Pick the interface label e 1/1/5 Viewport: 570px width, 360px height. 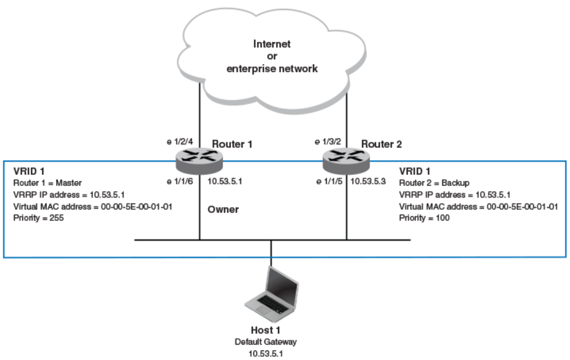coord(328,181)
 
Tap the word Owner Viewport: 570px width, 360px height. coord(224,209)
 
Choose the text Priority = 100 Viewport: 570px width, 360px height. coord(425,217)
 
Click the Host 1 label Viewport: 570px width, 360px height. coord(271,330)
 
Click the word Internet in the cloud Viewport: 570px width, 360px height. coord(272,44)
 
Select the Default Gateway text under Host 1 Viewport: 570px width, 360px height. coord(271,341)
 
